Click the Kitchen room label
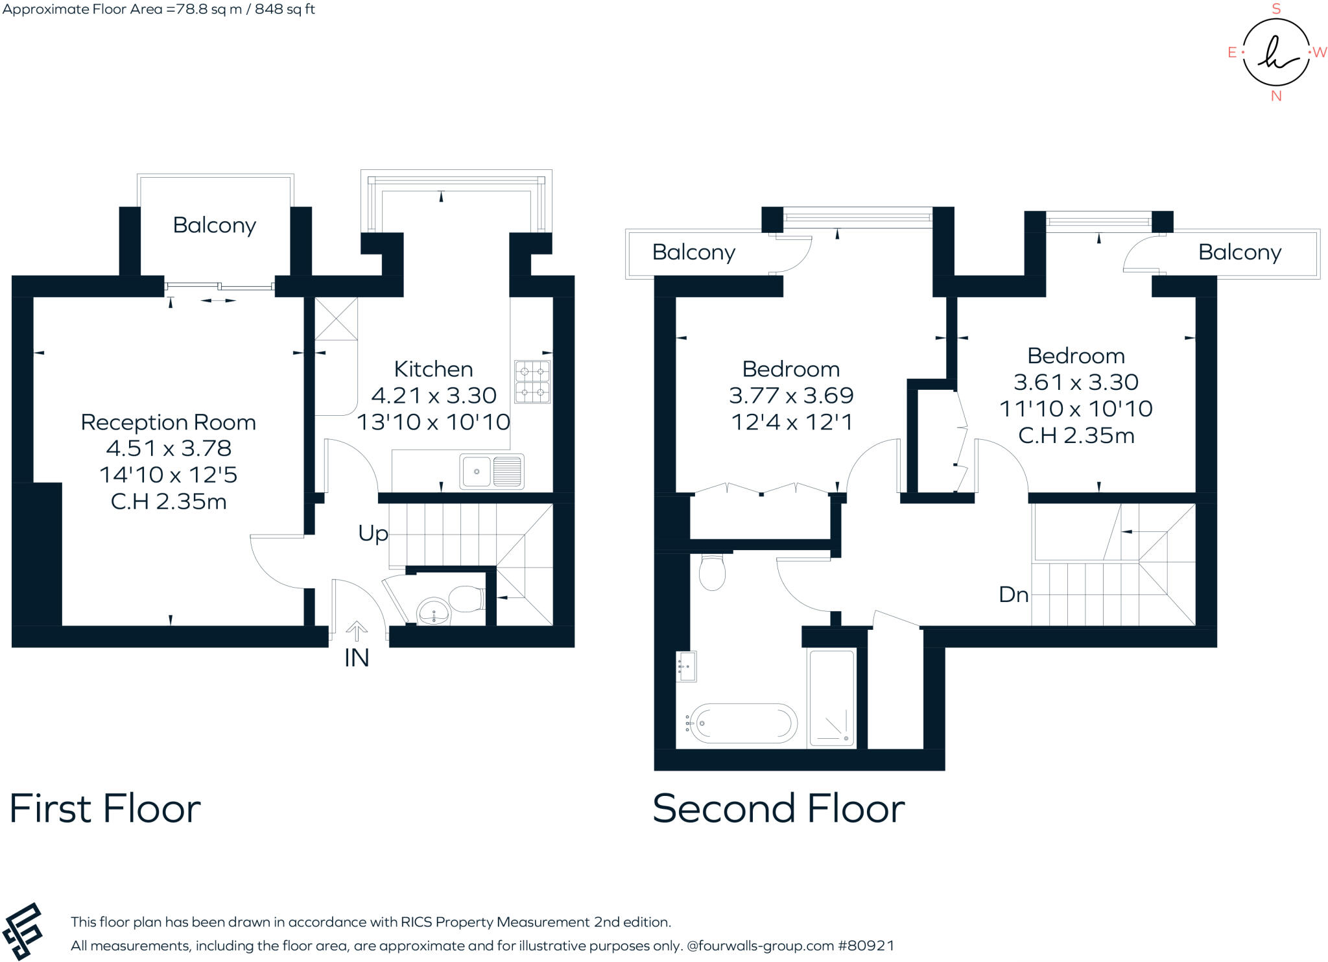pyautogui.click(x=433, y=369)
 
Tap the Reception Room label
pyautogui.click(x=168, y=422)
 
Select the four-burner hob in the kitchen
pyautogui.click(x=532, y=381)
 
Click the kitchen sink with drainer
pyautogui.click(x=492, y=471)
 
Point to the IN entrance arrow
pyautogui.click(x=356, y=630)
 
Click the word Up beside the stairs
pyautogui.click(x=373, y=533)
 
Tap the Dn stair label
pyautogui.click(x=1014, y=594)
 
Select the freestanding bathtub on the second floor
pyautogui.click(x=742, y=723)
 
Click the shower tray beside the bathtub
pyautogui.click(x=832, y=698)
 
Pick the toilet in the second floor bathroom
pyautogui.click(x=712, y=572)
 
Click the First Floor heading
pyautogui.click(x=105, y=808)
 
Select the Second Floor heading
pyautogui.click(x=778, y=808)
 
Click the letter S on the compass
pyautogui.click(x=1276, y=9)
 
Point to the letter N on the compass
pyautogui.click(x=1276, y=96)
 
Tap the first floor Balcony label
pyautogui.click(x=214, y=225)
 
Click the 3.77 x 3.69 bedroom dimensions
pyautogui.click(x=791, y=395)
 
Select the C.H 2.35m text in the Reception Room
pyautogui.click(x=169, y=501)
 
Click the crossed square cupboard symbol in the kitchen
pyautogui.click(x=336, y=319)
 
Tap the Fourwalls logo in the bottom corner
pyautogui.click(x=23, y=931)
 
